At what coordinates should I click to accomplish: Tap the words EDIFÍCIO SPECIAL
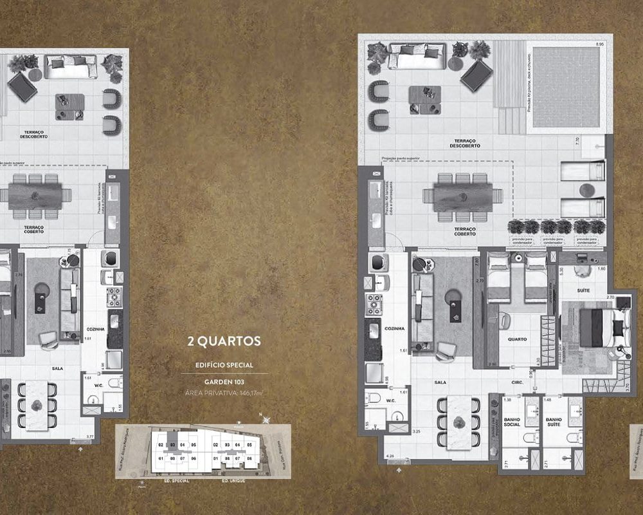(x=224, y=365)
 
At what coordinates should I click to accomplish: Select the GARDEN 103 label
(x=224, y=380)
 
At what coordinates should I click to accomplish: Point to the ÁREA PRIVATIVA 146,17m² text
(x=224, y=392)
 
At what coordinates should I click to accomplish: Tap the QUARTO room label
(x=516, y=339)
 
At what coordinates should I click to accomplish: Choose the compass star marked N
(x=266, y=420)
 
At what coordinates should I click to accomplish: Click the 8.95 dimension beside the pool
(x=600, y=44)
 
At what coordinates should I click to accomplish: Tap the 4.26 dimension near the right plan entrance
(x=389, y=456)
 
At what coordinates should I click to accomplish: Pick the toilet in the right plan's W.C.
(x=372, y=398)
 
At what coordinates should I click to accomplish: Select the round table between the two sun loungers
(x=586, y=189)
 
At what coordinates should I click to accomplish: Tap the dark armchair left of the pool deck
(x=476, y=76)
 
